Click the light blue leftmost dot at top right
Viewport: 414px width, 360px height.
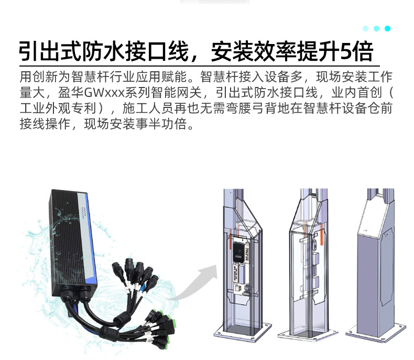pyautogui.click(x=366, y=28)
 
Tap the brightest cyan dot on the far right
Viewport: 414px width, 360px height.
pyautogui.click(x=388, y=28)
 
